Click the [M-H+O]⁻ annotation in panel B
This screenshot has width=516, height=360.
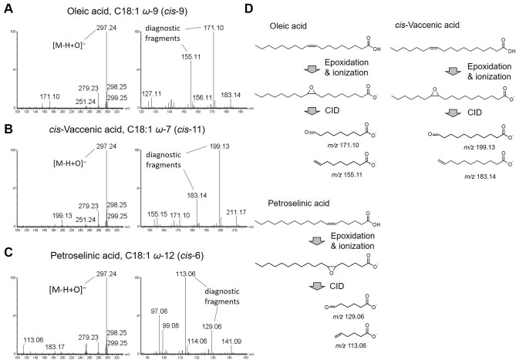62,164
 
